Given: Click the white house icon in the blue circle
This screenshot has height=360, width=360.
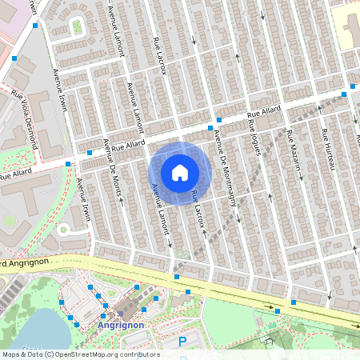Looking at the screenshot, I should coord(180,172).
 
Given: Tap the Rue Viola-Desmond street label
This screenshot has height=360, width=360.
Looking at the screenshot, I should coord(24,119).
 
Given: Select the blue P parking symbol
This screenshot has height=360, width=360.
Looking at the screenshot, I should coord(182,342).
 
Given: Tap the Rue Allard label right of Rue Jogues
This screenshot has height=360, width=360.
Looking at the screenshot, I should coord(263,116).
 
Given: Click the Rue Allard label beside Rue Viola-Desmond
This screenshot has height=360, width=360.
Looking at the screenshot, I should coord(16,173).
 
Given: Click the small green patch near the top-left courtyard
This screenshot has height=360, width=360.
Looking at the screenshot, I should coord(77,26).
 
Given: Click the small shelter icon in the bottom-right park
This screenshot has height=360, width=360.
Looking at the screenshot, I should coord(270,341).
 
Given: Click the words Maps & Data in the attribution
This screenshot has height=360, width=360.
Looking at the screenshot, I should coord(22,354).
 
